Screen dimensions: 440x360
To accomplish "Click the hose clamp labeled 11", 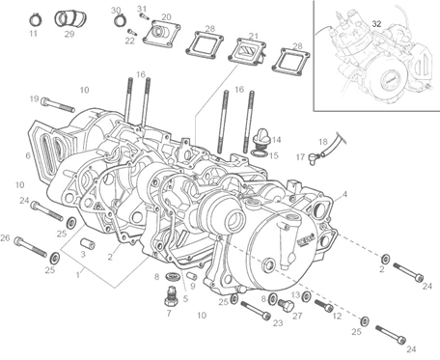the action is pyautogui.click(x=35, y=20).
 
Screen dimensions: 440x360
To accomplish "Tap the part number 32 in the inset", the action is pyautogui.click(x=376, y=24).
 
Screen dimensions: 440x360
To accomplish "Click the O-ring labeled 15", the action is pyautogui.click(x=258, y=153).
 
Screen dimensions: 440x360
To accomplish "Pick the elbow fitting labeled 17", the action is pyautogui.click(x=314, y=158).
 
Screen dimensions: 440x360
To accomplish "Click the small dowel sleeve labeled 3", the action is pyautogui.click(x=87, y=243).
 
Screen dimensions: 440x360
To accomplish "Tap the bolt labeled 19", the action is pyautogui.click(x=58, y=104).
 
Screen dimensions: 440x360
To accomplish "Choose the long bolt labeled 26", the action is pyautogui.click(x=31, y=247).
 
